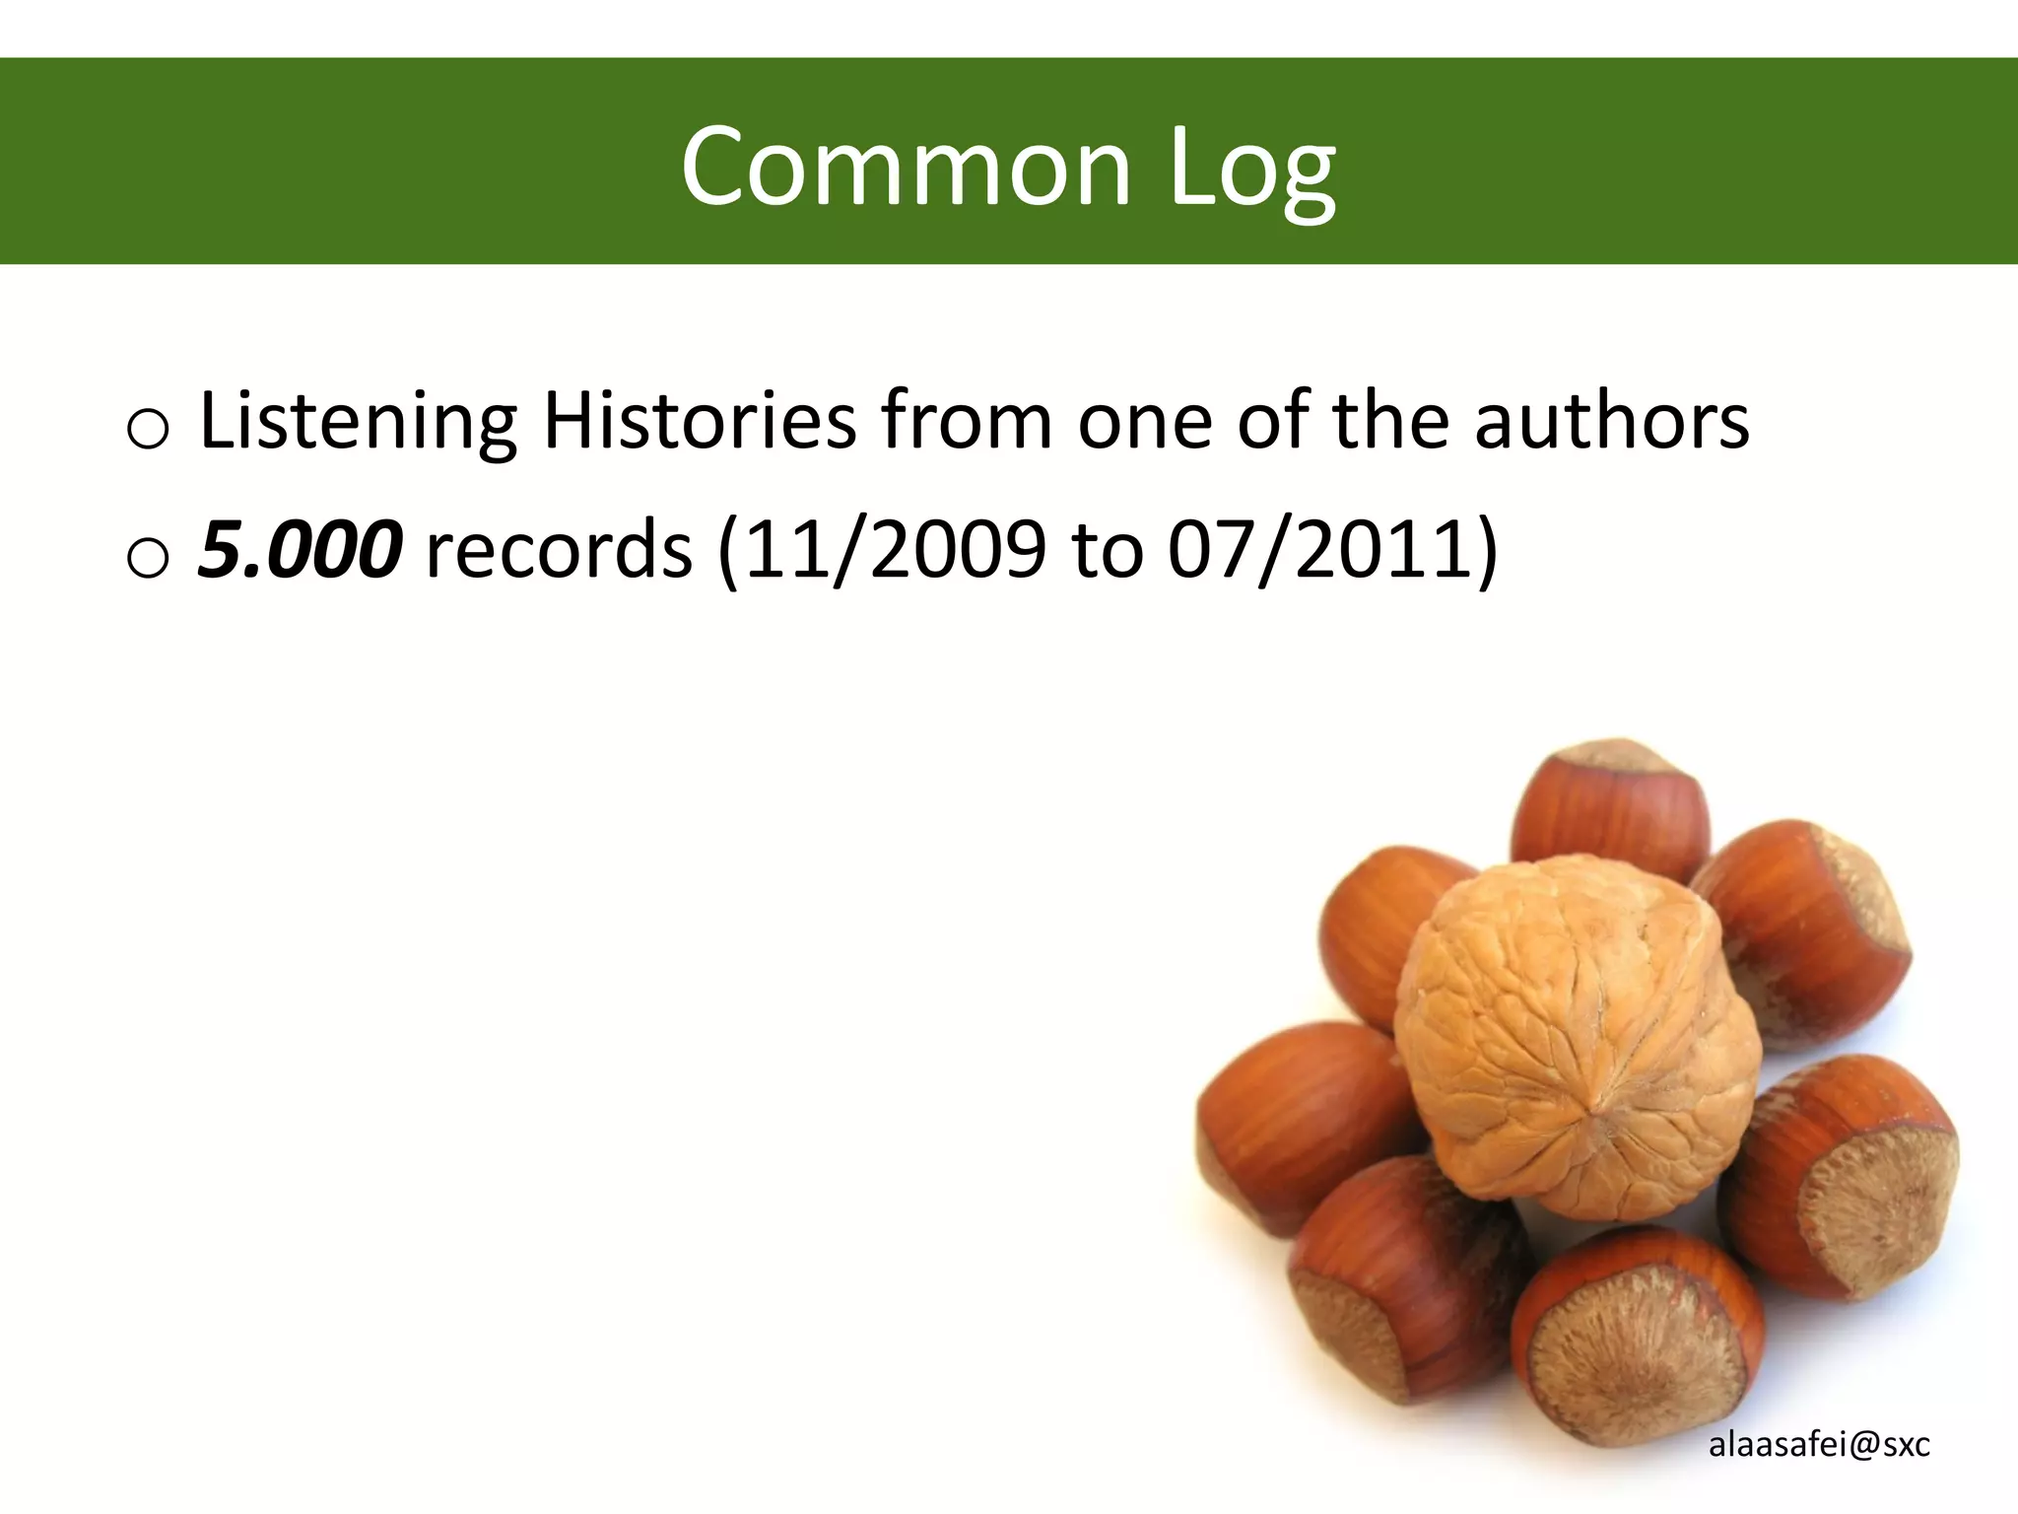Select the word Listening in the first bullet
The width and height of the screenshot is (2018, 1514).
click(358, 422)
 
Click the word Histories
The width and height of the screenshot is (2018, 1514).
click(700, 422)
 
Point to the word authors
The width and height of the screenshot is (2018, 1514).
click(1612, 422)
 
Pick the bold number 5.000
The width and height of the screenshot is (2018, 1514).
click(300, 549)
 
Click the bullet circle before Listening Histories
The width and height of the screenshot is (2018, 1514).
click(148, 430)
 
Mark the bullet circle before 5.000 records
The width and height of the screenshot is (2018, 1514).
click(148, 558)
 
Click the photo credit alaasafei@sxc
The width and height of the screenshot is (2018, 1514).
click(1819, 1445)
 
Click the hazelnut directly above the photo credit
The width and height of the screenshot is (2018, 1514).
click(1839, 1178)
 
